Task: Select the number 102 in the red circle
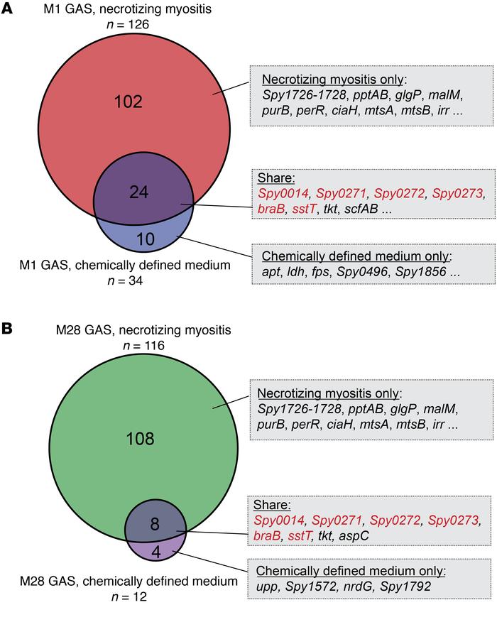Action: tap(128, 101)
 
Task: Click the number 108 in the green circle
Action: tap(140, 438)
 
